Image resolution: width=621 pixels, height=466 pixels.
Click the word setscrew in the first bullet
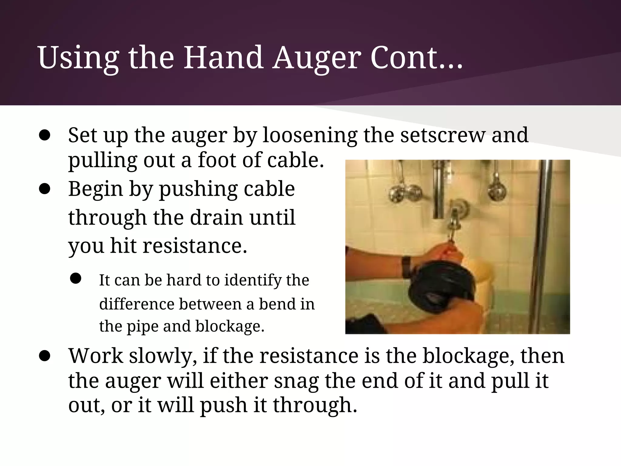(x=442, y=135)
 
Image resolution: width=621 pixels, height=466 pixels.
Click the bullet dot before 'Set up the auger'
(x=45, y=136)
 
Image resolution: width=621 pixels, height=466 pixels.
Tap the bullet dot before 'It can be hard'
(x=76, y=278)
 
